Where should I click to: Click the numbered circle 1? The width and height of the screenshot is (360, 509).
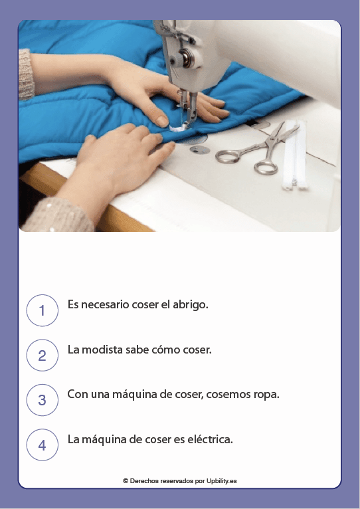coord(43,310)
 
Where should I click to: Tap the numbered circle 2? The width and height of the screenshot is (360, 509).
coord(43,355)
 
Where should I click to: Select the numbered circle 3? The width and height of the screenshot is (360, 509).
coord(43,400)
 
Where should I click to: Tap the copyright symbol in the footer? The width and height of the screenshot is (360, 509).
coord(126,480)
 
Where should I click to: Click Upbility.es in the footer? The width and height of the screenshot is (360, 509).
coord(221,480)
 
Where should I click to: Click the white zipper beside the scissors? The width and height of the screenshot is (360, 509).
coord(292,159)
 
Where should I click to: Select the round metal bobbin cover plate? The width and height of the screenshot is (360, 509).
coord(198,150)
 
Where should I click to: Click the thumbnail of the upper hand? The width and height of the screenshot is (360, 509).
coord(161,120)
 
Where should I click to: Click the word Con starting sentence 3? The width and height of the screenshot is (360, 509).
coord(77,394)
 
